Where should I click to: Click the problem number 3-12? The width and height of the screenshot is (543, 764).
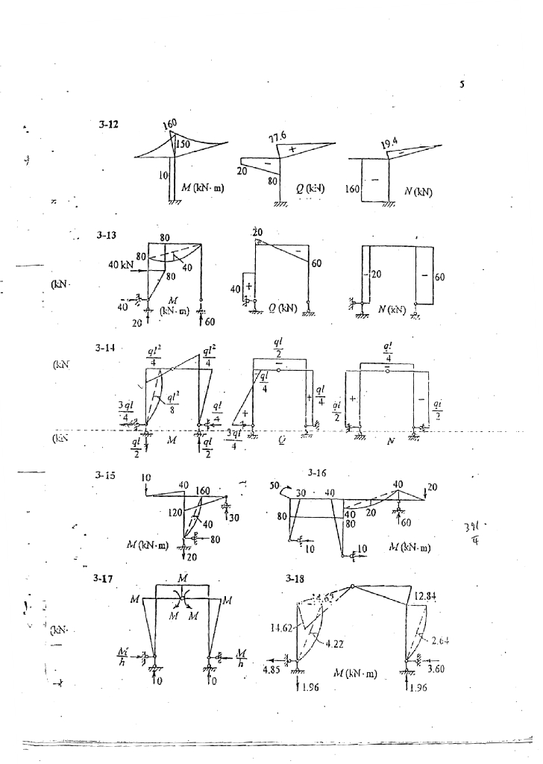pyautogui.click(x=108, y=125)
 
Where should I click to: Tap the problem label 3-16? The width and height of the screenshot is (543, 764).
pyautogui.click(x=318, y=473)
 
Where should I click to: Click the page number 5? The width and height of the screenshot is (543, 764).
pyautogui.click(x=462, y=85)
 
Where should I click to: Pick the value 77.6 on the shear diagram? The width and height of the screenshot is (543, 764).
pyautogui.click(x=279, y=137)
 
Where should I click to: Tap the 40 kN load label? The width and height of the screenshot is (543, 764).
pyautogui.click(x=122, y=265)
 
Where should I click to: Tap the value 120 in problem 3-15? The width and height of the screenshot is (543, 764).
pyautogui.click(x=175, y=513)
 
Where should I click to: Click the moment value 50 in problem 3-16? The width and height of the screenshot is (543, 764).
pyautogui.click(x=274, y=486)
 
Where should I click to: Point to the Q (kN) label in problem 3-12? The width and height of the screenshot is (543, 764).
pyautogui.click(x=305, y=189)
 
